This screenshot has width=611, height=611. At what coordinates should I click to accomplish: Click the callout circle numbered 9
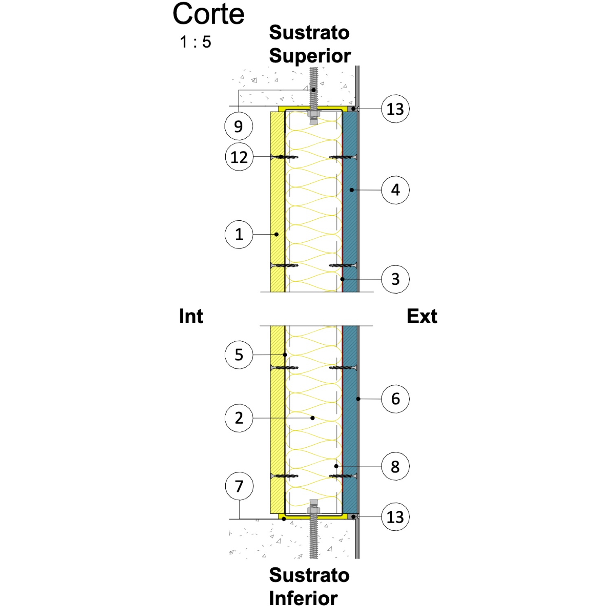[239, 126]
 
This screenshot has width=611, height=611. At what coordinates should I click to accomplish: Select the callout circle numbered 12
[239, 157]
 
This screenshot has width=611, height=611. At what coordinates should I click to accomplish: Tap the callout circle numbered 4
[395, 190]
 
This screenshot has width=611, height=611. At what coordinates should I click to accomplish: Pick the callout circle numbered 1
[239, 234]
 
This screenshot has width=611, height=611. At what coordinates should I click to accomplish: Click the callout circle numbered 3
[395, 279]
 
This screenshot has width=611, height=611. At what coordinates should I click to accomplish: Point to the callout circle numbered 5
[239, 355]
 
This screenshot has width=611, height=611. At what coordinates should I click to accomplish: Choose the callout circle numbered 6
[395, 399]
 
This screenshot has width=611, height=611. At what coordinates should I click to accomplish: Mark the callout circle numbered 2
[239, 418]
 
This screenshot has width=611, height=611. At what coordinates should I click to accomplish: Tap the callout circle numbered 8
[395, 466]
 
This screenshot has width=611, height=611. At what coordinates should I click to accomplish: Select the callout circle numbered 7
[239, 486]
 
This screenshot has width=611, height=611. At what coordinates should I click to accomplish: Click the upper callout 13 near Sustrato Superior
[395, 109]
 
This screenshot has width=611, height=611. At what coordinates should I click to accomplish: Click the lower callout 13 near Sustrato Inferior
[395, 517]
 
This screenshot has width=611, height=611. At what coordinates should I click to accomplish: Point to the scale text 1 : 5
[196, 42]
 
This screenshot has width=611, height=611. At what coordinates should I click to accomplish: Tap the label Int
[191, 316]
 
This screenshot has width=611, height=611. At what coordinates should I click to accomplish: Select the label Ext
[422, 316]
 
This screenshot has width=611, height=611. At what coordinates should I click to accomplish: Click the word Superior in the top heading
[310, 56]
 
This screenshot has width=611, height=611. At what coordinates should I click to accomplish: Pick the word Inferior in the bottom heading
[303, 598]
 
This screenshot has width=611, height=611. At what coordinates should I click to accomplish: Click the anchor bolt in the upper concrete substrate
[313, 96]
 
